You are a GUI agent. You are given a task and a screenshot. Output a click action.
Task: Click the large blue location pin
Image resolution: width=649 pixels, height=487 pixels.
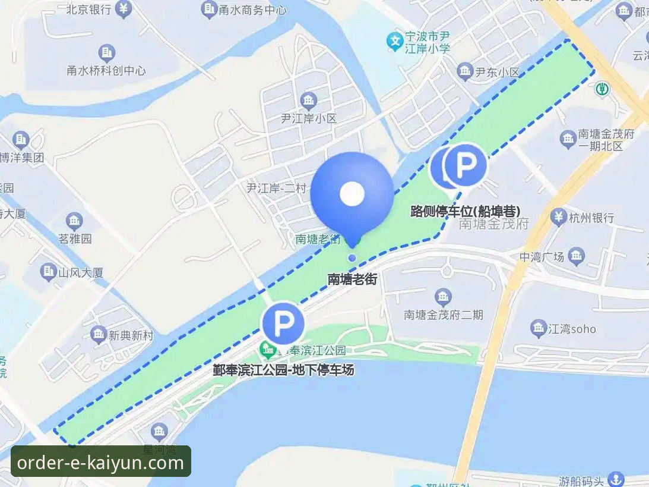352,193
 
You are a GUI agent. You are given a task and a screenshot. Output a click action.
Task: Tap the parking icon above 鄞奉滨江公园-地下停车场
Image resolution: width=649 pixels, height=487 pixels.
283,323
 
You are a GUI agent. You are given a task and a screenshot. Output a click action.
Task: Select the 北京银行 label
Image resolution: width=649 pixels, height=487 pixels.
88,10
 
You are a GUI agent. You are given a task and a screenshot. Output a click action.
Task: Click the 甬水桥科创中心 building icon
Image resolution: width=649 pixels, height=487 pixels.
106,54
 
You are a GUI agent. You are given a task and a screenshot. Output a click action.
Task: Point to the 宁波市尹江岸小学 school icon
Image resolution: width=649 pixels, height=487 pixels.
394,41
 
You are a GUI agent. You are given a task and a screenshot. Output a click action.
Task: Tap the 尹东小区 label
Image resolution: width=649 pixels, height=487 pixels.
497,72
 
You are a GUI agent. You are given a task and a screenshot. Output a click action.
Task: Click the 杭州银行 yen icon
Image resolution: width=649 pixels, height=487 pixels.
558,218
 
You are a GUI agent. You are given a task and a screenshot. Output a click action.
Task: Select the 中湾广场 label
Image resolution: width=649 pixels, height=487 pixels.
541,257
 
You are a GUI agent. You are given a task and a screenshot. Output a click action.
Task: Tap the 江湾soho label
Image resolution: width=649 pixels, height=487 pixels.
571,328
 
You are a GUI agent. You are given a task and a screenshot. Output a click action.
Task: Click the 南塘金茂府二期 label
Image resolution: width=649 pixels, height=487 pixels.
443,315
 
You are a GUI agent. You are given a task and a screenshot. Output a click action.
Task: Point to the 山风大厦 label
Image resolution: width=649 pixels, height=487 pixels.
81,273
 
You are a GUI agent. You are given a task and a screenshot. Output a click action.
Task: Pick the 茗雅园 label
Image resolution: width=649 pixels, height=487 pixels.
75,239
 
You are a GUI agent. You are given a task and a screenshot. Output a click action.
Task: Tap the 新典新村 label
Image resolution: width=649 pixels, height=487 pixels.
131,335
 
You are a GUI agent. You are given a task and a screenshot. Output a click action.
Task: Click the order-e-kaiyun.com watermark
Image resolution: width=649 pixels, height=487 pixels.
101,462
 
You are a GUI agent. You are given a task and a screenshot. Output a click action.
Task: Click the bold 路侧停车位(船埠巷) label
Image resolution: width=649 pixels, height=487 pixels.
466,211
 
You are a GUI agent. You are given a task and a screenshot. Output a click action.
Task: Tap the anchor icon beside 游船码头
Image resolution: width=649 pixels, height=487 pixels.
617,479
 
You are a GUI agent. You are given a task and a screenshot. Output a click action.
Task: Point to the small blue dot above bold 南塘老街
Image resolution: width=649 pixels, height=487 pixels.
352,257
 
